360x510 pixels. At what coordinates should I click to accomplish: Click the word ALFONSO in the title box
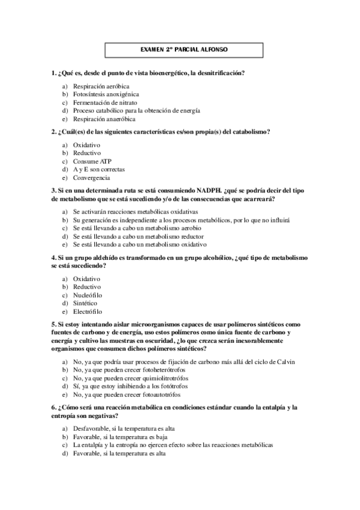pyautogui.click(x=214, y=49)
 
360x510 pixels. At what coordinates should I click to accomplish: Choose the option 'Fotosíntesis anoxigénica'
pyautogui.click(x=106, y=94)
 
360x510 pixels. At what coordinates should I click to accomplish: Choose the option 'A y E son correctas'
pyautogui.click(x=99, y=170)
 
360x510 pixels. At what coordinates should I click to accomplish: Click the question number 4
pyautogui.click(x=53, y=257)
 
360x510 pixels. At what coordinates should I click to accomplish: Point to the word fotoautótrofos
pyautogui.click(x=167, y=395)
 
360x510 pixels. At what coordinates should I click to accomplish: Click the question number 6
pyautogui.click(x=53, y=408)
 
